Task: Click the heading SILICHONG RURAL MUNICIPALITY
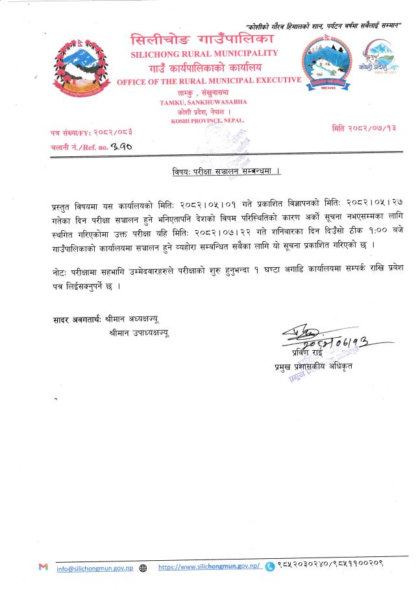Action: click(x=204, y=53)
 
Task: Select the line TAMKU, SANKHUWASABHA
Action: click(x=203, y=102)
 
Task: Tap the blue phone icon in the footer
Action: click(x=269, y=566)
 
